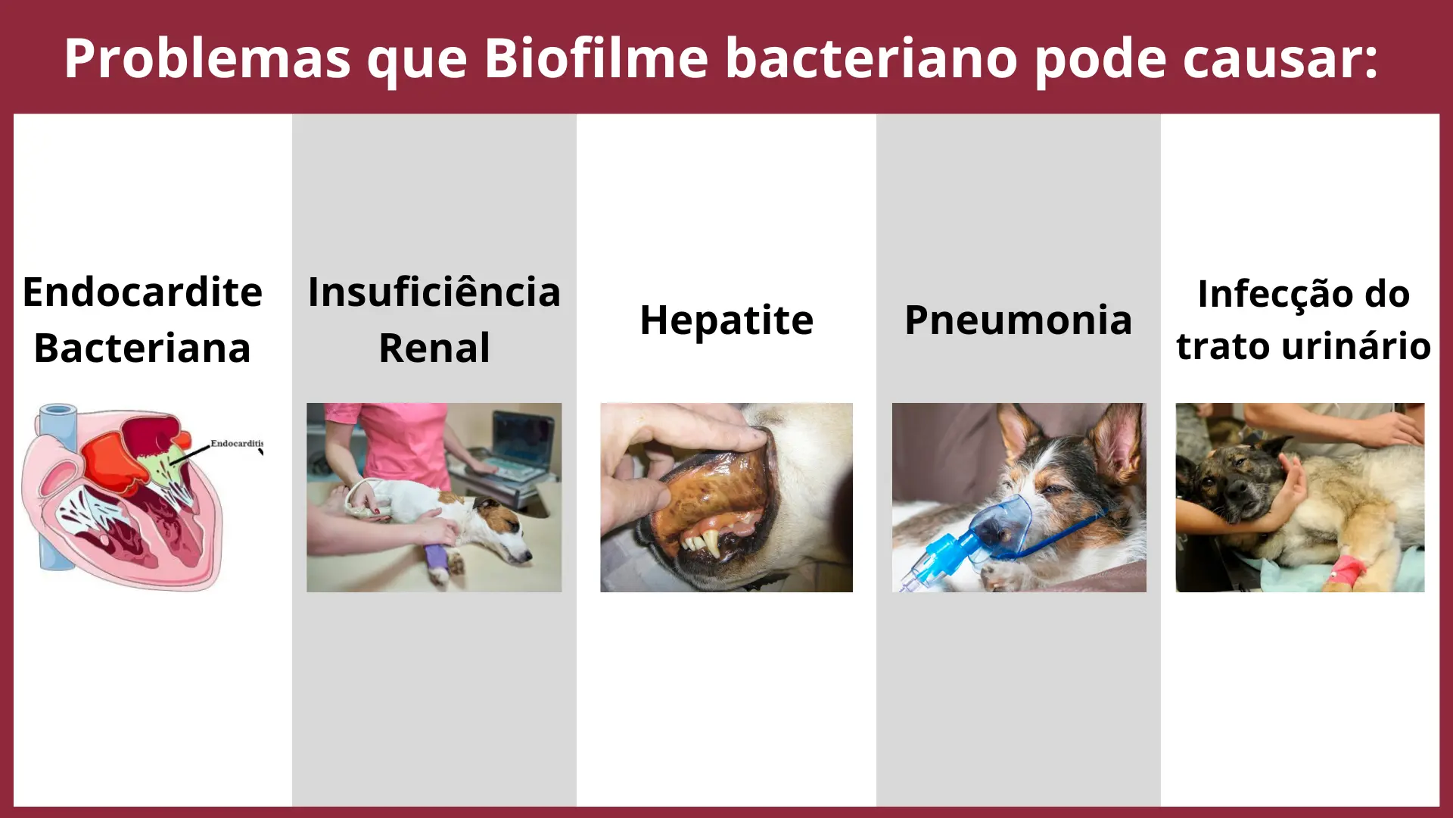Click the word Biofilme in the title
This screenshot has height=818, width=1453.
[x=596, y=58]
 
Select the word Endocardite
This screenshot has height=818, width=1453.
[x=142, y=292]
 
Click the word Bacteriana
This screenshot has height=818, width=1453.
[x=142, y=348]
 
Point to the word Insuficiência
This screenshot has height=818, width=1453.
[x=434, y=292]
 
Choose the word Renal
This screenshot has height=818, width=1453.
[x=434, y=348]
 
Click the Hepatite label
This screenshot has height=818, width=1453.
[x=726, y=320]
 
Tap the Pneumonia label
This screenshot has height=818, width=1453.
[x=1019, y=320]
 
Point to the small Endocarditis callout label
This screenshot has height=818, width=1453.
[x=237, y=443]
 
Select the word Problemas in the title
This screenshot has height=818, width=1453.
[x=207, y=58]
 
